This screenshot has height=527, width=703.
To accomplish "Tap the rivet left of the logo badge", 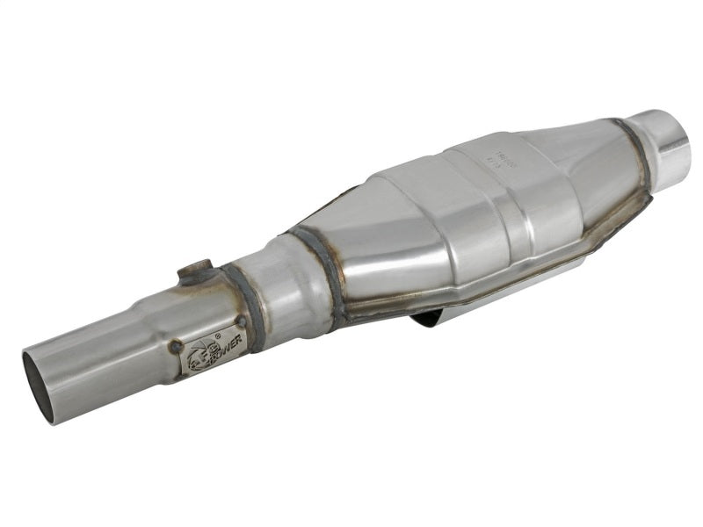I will click(176, 347).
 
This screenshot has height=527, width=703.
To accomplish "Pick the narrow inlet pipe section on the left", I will click(88, 360).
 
